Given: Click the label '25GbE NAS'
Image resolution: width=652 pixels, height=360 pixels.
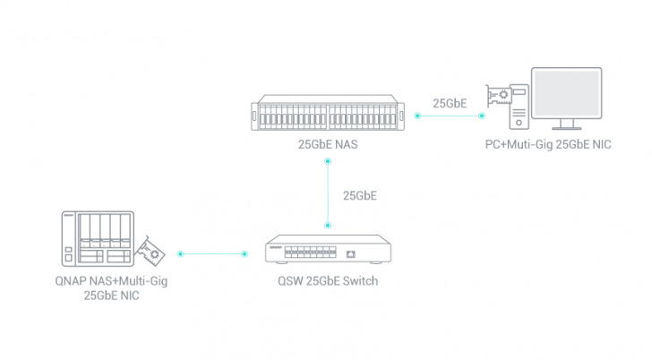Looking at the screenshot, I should click(329, 143).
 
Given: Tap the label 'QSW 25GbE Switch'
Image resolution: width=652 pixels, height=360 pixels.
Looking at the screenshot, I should click(328, 281).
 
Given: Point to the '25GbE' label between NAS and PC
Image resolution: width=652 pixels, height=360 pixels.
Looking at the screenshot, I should click(450, 103).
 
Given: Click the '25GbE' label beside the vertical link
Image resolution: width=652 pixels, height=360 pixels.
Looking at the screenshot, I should click(360, 195).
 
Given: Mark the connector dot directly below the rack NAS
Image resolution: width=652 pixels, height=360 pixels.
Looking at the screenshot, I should click(329, 161).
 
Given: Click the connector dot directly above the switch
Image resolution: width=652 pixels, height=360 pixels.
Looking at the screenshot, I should click(329, 225).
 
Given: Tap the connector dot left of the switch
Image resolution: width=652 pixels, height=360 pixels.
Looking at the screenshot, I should click(245, 253).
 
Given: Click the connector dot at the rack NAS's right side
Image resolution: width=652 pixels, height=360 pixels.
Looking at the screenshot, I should click(416, 116).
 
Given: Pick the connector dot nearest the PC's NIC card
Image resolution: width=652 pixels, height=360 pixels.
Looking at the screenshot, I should click(481, 116).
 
